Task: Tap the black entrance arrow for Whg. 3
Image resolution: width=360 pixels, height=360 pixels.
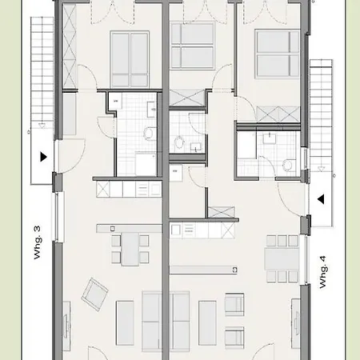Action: point(43,157)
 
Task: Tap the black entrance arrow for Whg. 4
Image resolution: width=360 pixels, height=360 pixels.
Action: point(319,199)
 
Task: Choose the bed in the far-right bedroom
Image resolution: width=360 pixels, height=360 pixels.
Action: point(275,51)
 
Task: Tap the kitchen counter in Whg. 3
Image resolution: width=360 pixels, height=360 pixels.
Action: point(127,190)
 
